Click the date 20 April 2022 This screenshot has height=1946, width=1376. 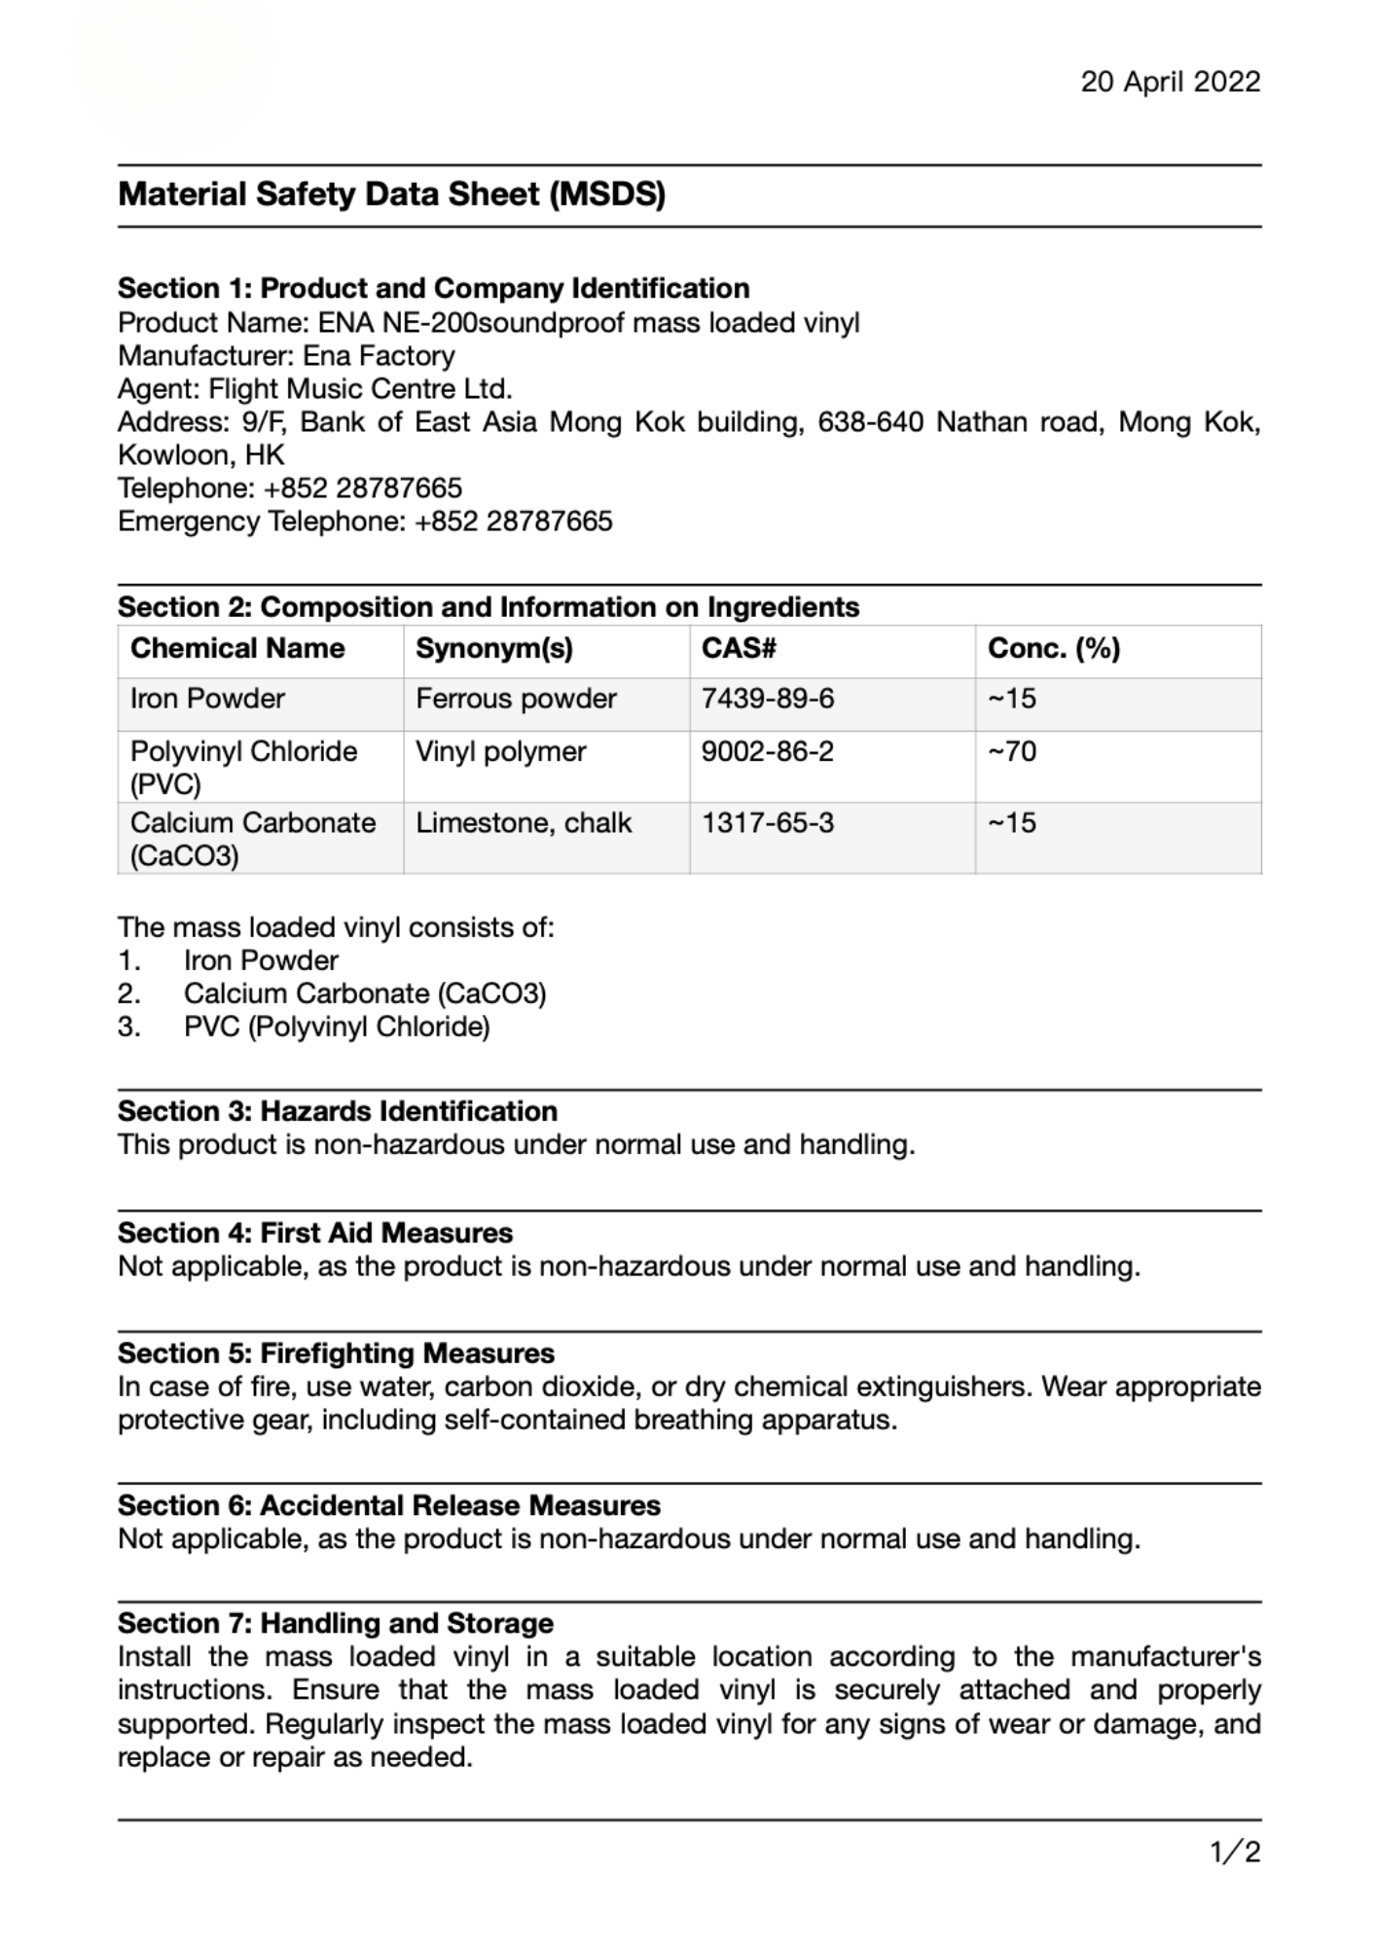click(1170, 82)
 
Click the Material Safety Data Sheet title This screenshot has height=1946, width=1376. click(391, 195)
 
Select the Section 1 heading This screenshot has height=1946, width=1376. click(433, 288)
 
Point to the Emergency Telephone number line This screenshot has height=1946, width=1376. click(365, 522)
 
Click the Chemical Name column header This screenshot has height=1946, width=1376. click(237, 649)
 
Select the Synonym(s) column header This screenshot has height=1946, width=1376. click(494, 649)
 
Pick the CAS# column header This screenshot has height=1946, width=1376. click(739, 649)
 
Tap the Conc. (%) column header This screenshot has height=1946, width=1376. click(1054, 649)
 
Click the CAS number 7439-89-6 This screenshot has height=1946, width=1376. click(768, 699)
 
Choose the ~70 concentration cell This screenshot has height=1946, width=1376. click(1012, 751)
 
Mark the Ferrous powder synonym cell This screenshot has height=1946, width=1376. click(516, 699)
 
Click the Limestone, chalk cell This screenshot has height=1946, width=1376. click(524, 823)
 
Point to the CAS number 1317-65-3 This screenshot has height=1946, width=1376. click(768, 823)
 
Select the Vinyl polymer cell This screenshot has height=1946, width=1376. click(501, 751)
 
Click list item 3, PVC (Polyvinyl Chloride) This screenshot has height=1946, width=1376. click(337, 1027)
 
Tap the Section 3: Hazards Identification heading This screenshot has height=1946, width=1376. click(337, 1111)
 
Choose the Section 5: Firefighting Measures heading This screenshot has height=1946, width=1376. click(336, 1353)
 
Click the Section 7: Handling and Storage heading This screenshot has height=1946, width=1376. click(336, 1623)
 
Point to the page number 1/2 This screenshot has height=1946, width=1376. click(1235, 1852)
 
